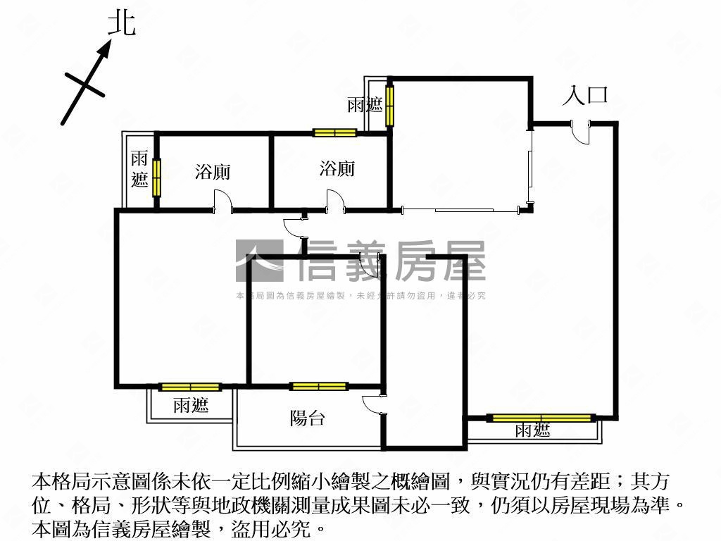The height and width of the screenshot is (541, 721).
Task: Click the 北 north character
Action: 122,23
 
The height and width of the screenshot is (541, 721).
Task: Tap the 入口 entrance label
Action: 585,95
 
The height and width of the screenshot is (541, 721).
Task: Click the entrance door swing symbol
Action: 581,132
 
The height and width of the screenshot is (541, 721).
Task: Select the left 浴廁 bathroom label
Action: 213,172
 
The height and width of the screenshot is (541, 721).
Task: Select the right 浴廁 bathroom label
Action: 337,168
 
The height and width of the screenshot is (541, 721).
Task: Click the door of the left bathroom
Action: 223,202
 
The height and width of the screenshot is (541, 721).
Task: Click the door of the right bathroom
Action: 336,201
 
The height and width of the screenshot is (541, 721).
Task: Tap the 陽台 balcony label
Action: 307,418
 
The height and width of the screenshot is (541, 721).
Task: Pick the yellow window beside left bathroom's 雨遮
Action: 157,178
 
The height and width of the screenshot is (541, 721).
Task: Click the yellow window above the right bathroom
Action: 334,133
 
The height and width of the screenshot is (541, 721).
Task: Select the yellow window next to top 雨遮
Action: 390,106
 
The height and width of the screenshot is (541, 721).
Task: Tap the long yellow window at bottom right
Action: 541,418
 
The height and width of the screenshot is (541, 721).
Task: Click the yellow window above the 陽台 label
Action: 319,387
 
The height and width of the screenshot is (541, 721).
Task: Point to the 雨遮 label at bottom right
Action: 532,430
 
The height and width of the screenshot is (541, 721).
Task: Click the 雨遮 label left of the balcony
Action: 191,405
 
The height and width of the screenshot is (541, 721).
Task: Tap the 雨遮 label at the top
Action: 365,104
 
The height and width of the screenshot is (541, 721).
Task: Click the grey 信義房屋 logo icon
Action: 259,261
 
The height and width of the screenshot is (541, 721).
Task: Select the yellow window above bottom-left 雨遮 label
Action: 190,387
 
